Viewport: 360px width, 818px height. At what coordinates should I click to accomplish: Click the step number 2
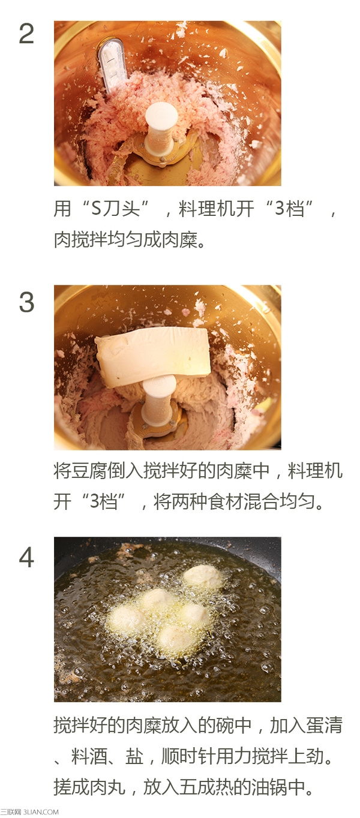tap(26, 34)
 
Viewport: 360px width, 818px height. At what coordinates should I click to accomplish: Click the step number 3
tap(26, 302)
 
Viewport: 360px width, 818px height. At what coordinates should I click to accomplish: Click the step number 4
tap(26, 557)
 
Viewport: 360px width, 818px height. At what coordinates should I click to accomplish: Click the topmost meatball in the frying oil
tap(203, 576)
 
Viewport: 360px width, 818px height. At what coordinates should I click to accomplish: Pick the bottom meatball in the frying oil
tap(176, 637)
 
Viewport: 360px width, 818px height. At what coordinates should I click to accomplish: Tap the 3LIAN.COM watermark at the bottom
tap(41, 811)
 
